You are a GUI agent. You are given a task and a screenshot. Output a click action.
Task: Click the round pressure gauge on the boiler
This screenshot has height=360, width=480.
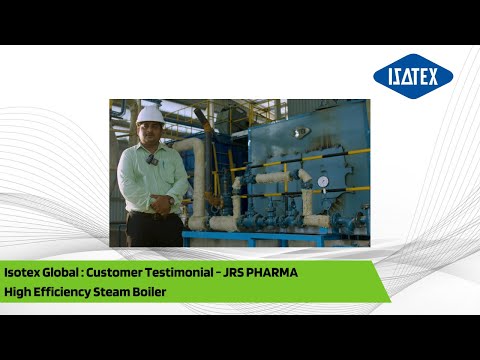(322, 182)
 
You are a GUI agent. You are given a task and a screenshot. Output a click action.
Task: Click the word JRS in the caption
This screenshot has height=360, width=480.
(262, 273)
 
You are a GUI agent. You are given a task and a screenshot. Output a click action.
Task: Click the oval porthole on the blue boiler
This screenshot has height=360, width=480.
(301, 132)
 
